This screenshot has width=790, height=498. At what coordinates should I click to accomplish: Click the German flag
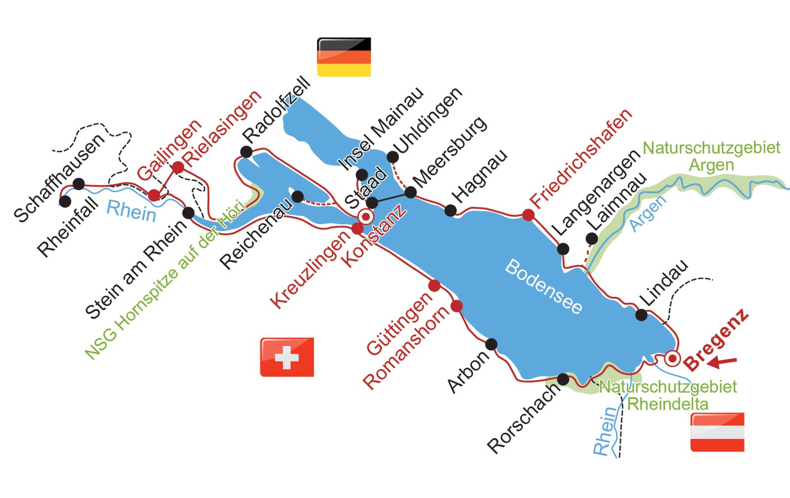tap(344, 57)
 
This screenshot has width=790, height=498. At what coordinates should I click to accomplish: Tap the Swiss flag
tap(287, 357)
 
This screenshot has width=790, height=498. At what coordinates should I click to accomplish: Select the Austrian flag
tap(717, 432)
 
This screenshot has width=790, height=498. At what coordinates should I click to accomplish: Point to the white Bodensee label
tap(544, 287)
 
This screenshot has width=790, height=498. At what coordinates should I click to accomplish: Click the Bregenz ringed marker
tap(672, 359)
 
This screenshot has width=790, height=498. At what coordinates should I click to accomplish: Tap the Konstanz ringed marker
tap(366, 216)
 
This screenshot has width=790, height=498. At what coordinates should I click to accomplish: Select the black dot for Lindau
tap(641, 315)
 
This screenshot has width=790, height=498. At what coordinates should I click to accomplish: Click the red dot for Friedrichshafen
tap(528, 215)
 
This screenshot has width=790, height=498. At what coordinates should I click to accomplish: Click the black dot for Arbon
tap(491, 344)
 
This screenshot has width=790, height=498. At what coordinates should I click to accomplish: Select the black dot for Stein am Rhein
tap(188, 213)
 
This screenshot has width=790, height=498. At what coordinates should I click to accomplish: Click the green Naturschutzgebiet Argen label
tap(711, 156)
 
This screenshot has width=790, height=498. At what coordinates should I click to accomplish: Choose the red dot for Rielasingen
tap(178, 167)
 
